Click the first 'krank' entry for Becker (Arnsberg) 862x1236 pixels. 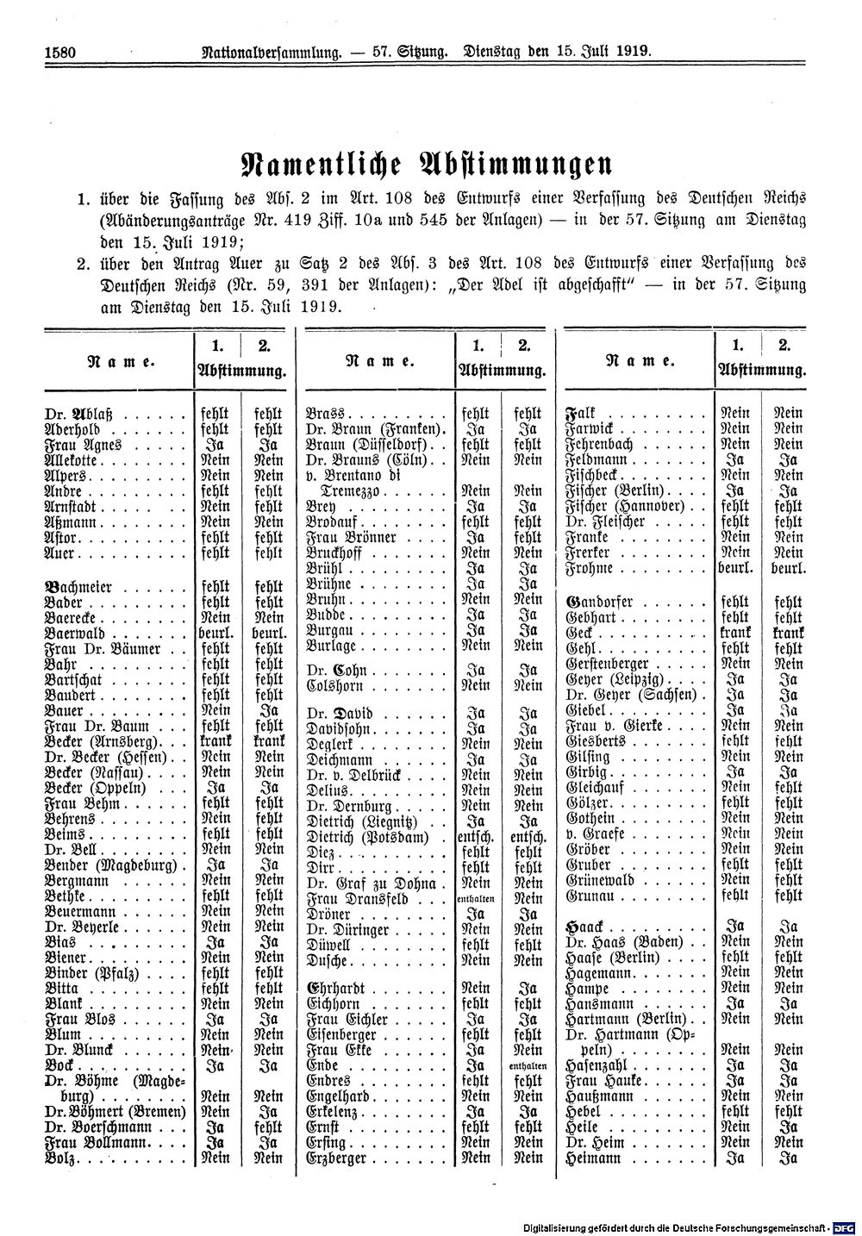coord(215,741)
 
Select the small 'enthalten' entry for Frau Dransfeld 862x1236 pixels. coord(476,899)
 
